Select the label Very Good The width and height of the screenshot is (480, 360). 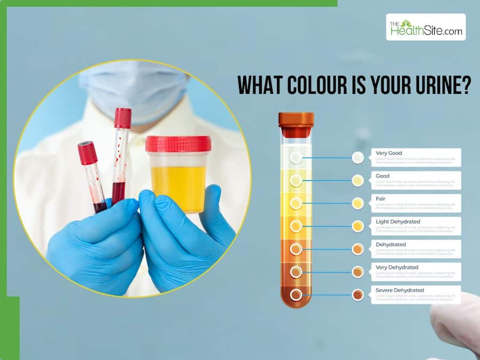389,153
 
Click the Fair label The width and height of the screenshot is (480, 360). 381,198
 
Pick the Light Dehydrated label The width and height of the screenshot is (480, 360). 398,221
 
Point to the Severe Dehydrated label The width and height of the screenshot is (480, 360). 399,290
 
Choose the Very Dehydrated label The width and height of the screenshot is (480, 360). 397,267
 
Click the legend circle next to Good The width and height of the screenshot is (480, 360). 358,180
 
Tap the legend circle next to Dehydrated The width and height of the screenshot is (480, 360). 358,249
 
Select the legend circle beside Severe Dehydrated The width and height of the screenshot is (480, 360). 358,294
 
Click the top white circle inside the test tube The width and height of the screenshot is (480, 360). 296,158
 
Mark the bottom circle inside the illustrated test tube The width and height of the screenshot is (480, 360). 296,294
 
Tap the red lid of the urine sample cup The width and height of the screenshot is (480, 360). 178,143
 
